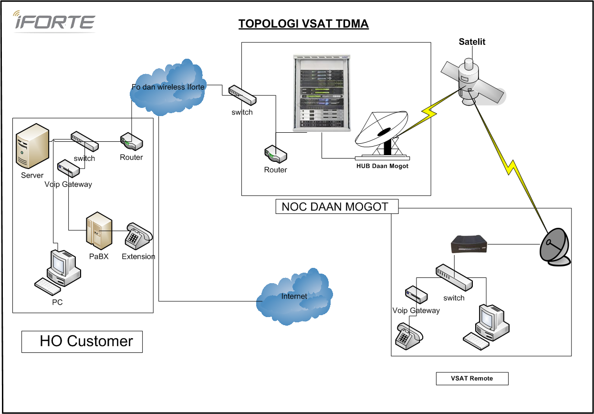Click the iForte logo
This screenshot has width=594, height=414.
[x=53, y=21]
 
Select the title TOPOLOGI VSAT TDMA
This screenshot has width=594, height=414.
[x=303, y=24]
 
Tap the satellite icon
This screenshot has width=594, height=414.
[x=470, y=84]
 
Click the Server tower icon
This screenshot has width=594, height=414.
[x=32, y=145]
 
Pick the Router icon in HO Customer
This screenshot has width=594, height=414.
[x=131, y=142]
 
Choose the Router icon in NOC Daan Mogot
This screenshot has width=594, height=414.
[x=275, y=155]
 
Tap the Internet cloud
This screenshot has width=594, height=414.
[x=294, y=297]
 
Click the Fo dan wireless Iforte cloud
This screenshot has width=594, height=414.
[x=168, y=87]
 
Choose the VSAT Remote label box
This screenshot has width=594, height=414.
[x=472, y=378]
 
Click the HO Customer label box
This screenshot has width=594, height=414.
[x=82, y=341]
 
